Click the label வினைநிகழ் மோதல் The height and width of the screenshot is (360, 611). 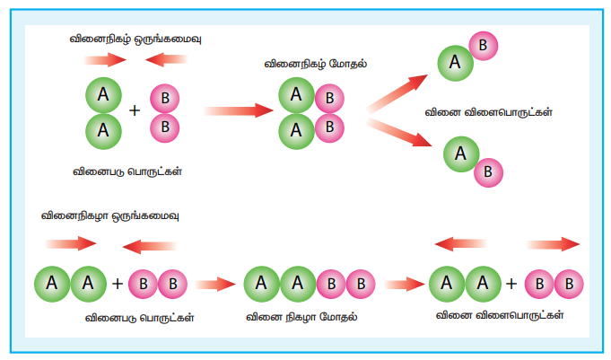[305, 65]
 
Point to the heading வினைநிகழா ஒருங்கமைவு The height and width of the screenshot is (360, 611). [110, 215]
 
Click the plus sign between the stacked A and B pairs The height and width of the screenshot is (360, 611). [135, 111]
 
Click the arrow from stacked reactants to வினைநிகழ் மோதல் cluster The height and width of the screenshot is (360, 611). [238, 110]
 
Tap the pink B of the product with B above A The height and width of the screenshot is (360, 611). [484, 44]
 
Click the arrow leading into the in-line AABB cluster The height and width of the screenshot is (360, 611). [214, 285]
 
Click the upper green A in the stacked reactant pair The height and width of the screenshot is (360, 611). [103, 93]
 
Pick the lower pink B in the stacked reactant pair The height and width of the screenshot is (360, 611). [164, 125]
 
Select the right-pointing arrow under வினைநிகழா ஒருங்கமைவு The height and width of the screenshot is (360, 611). [71, 243]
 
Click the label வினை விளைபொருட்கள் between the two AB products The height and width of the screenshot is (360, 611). [488, 113]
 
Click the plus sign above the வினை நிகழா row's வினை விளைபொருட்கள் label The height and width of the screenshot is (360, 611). [511, 285]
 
